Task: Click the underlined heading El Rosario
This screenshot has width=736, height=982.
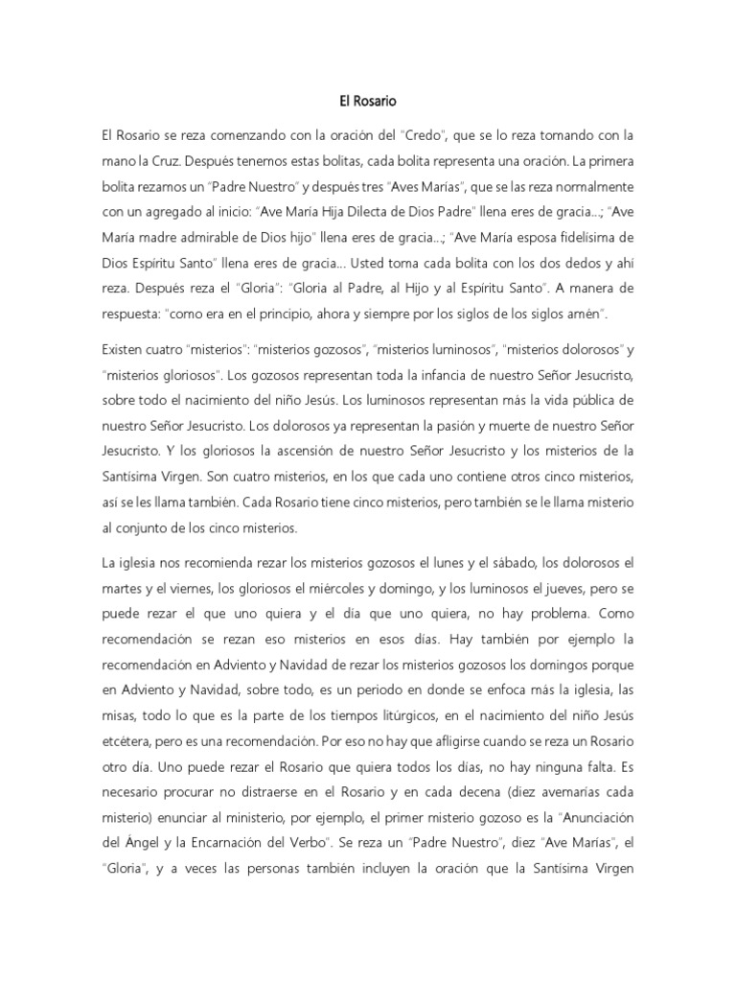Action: click(367, 99)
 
